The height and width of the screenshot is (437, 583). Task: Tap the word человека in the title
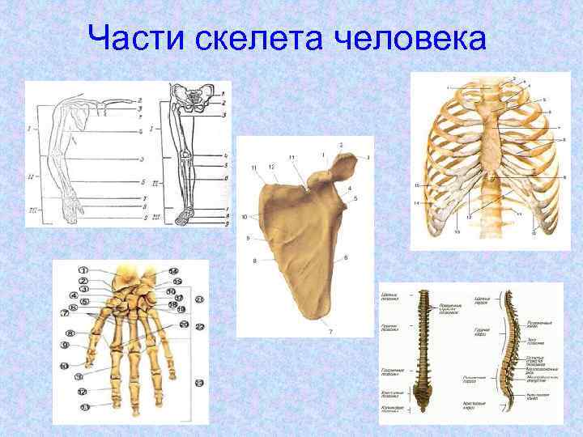pos(413,39)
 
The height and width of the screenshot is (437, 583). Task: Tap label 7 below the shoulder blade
pos(330,333)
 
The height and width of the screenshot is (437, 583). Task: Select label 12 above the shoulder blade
pos(273,167)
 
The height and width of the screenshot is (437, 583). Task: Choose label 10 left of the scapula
pos(245,217)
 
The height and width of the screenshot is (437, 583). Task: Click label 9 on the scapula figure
pos(249,238)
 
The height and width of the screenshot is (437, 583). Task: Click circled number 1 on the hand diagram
pos(83,270)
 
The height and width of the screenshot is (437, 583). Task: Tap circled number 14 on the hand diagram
pos(174,270)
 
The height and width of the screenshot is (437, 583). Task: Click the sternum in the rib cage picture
pos(495,138)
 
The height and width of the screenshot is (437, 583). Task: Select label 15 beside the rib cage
pos(417,185)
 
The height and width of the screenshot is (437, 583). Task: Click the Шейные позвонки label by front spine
pos(389,296)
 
